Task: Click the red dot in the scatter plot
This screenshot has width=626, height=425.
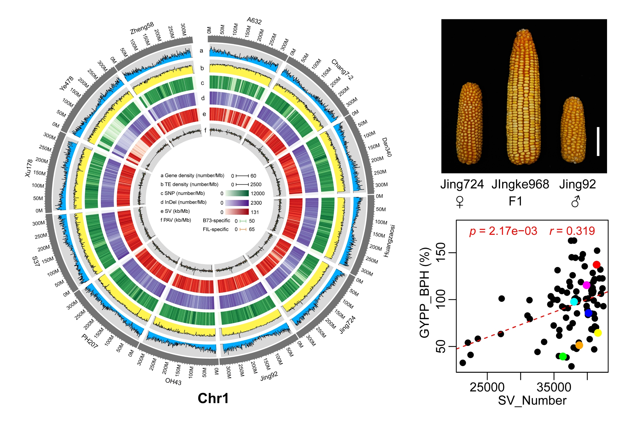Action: click(596, 265)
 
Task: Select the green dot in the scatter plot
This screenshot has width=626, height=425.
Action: click(563, 356)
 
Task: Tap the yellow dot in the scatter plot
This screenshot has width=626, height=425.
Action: click(598, 333)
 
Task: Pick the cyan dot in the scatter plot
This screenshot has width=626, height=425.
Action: click(574, 302)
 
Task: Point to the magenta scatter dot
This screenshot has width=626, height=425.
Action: click(586, 285)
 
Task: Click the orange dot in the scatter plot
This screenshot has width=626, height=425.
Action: click(579, 345)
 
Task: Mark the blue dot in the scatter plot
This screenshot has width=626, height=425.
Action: click(588, 313)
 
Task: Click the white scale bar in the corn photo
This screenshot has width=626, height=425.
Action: click(598, 142)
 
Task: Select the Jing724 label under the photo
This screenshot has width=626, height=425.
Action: click(462, 184)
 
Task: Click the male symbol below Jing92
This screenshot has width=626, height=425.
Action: click(576, 201)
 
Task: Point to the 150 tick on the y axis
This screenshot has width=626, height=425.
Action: click(441, 253)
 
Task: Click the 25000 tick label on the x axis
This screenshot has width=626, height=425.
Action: click(487, 387)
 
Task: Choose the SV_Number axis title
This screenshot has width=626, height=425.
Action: click(532, 401)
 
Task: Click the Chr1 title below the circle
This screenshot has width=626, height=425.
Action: click(213, 398)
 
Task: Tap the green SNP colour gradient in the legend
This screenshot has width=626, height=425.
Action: click(237, 193)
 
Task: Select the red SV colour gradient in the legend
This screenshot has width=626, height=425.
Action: click(237, 212)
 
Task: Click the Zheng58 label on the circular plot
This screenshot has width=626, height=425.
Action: click(142, 28)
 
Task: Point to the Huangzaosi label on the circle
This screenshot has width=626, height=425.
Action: click(389, 241)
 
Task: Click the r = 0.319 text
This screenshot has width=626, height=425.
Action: click(572, 231)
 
